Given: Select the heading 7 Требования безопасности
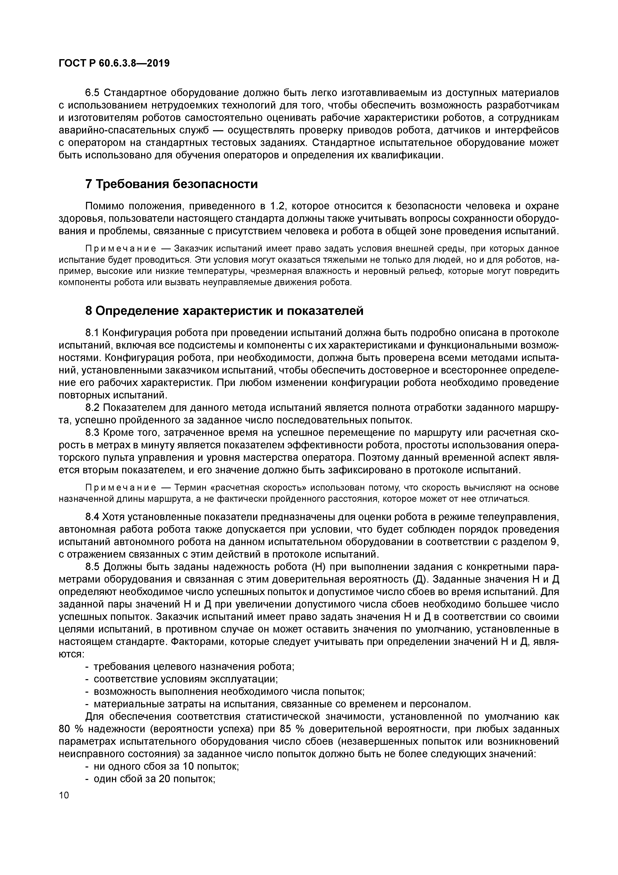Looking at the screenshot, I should (171, 184).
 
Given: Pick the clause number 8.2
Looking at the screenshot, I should (92, 408).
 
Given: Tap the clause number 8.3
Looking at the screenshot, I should (92, 433).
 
